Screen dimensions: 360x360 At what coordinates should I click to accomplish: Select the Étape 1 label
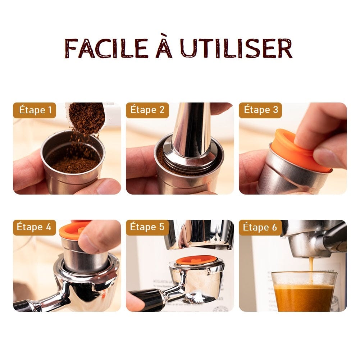click(x=35, y=110)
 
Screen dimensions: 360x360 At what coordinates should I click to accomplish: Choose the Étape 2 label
click(x=147, y=110)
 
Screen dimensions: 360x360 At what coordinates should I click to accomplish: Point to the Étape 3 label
click(x=261, y=110)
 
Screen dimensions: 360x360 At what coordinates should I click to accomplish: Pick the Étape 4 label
click(x=35, y=227)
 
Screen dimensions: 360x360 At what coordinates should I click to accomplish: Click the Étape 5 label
click(x=147, y=227)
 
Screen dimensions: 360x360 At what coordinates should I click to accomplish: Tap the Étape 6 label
click(x=260, y=227)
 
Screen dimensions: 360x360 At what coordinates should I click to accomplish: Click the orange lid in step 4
click(x=74, y=230)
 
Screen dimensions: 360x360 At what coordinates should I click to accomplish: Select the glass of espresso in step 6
click(x=304, y=291)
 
